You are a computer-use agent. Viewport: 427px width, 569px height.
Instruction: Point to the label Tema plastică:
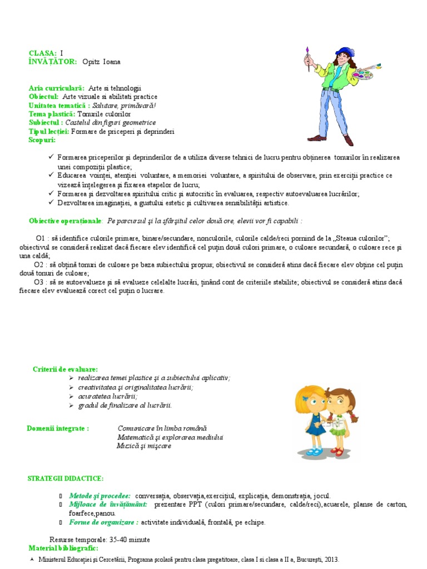(x=51, y=114)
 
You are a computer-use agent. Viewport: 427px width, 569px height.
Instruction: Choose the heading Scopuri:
(x=42, y=140)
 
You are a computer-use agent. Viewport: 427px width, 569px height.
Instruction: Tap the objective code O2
(x=38, y=264)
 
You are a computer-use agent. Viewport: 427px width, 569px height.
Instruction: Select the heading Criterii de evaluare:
(x=66, y=369)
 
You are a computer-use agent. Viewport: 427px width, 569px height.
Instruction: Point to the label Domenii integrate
(x=57, y=428)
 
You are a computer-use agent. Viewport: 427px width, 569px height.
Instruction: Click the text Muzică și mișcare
(x=144, y=446)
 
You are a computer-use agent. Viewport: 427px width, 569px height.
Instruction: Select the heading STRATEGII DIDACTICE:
(x=65, y=478)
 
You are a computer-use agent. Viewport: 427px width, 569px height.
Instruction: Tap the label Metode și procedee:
(x=100, y=496)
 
